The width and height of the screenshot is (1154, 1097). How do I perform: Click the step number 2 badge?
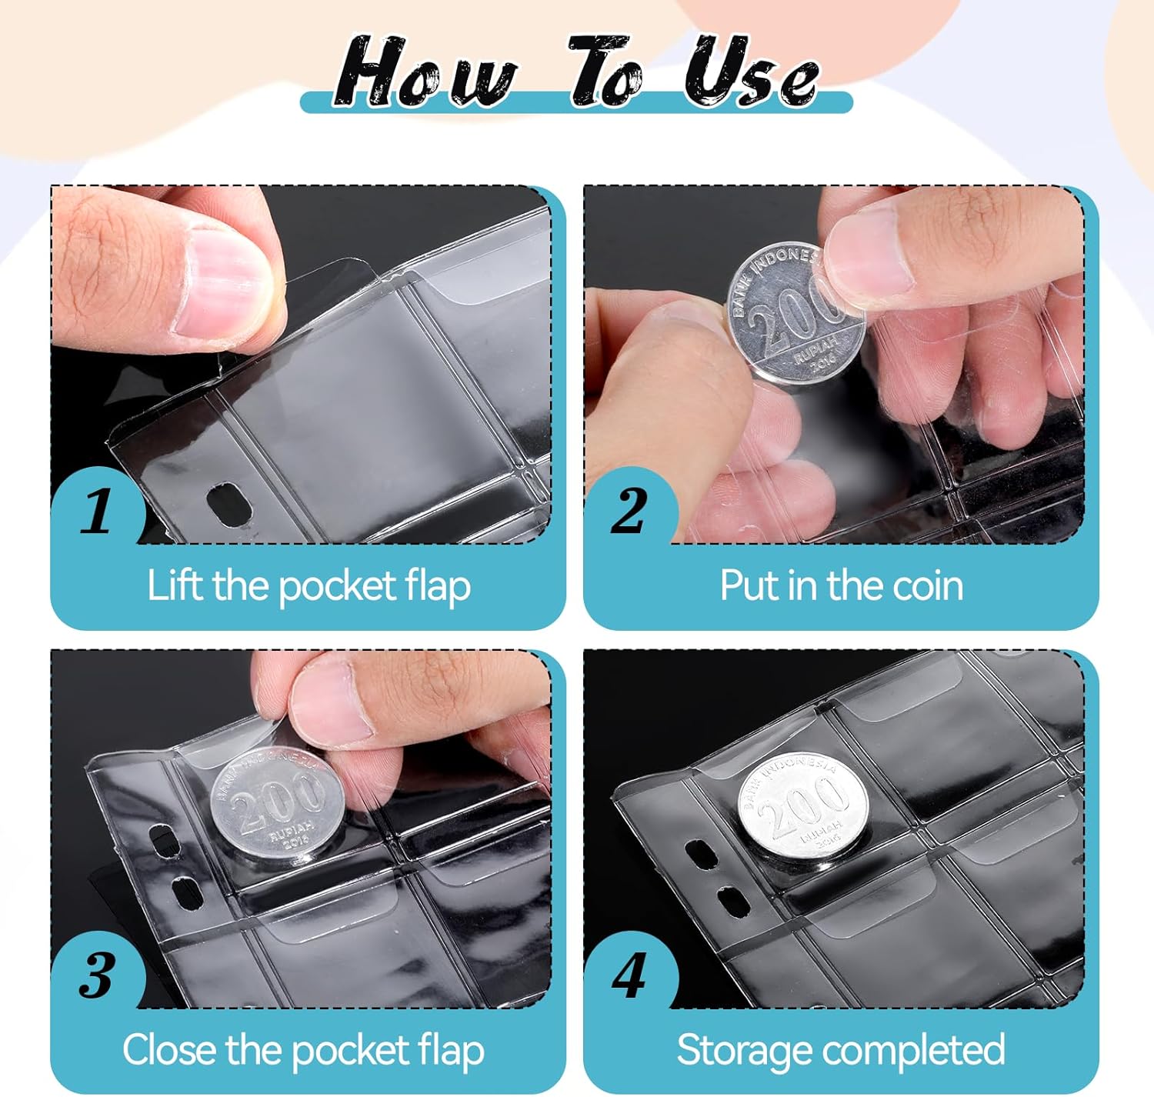[x=629, y=511]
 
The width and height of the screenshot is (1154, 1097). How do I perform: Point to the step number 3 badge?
[x=97, y=975]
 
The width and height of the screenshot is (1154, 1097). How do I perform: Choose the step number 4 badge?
[x=629, y=975]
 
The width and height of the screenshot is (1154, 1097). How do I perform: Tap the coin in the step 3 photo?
[x=277, y=806]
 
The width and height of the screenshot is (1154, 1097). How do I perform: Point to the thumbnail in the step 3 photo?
[x=332, y=699]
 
